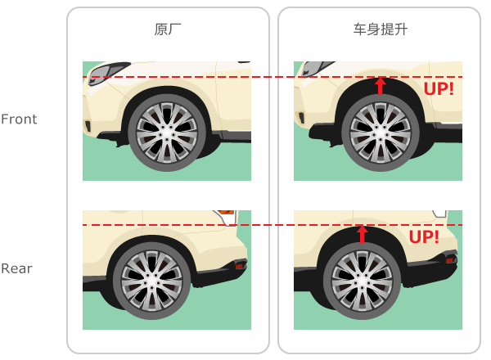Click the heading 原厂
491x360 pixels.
168,29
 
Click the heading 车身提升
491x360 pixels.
381,29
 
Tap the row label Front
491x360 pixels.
19,119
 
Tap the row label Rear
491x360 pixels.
16,268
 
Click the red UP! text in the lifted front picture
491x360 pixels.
439,89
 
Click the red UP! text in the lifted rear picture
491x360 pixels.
424,237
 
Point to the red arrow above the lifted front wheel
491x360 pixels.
381,86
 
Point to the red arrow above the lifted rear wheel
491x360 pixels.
362,234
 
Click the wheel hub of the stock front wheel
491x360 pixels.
167,133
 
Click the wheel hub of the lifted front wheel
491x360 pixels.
381,133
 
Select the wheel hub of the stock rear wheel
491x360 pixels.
152,281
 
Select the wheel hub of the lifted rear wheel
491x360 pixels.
363,281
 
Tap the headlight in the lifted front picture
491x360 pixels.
316,69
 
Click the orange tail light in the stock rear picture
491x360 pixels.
226,213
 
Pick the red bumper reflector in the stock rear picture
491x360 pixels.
240,266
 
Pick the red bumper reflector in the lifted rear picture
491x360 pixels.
449,260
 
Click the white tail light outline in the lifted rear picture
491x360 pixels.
440,214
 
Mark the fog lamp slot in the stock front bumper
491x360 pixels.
88,126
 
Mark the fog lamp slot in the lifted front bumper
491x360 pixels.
301,118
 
